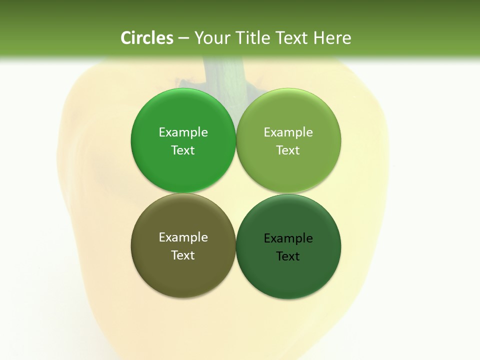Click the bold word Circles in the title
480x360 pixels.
tap(147, 38)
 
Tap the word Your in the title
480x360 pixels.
tap(209, 38)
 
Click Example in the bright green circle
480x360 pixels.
tap(183, 132)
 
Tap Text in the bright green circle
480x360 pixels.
tap(183, 150)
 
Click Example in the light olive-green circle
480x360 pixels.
tap(288, 132)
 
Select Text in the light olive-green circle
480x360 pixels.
tap(288, 150)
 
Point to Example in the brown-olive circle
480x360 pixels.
tap(183, 237)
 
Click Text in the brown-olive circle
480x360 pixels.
tap(183, 255)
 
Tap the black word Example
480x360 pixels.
tap(288, 238)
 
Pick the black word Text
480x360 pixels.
tap(288, 256)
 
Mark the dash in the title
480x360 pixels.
tap(183, 38)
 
